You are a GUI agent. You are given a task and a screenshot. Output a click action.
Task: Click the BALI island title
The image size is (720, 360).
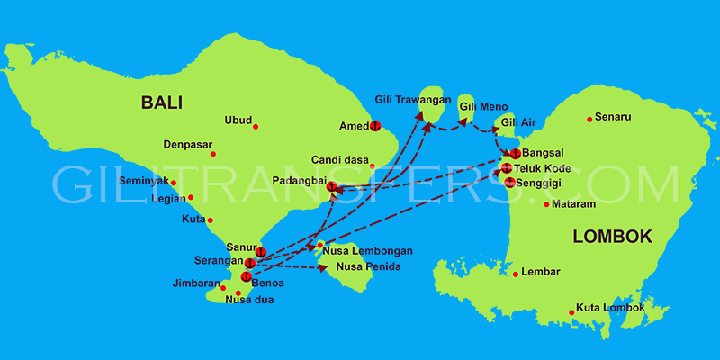coord(161,103)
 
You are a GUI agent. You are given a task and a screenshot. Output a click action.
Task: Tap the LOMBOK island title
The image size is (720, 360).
coord(611,237)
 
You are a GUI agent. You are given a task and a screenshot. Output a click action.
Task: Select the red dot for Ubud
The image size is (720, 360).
coord(256,126)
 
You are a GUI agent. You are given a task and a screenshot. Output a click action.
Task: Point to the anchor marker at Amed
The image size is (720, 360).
coord(375,125)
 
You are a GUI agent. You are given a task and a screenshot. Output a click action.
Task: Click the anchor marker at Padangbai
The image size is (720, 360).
coord(332,187)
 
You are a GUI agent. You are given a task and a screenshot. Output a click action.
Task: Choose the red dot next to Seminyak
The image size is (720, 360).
coord(173,183)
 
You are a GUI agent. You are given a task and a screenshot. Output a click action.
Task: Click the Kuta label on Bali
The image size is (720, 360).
coord(193,219)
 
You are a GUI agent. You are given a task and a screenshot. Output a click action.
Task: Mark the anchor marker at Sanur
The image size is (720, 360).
coord(260,250)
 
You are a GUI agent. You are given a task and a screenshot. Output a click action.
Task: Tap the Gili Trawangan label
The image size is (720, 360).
coord(412,99)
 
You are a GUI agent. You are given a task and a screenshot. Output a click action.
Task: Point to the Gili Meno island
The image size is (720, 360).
coord(466,103)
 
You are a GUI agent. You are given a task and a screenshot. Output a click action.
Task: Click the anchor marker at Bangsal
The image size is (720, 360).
coord(515,154)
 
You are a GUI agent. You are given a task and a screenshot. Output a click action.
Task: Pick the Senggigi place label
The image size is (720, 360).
coord(545,183)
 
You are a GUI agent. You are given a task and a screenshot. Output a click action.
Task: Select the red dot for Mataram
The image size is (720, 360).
coord(546,204)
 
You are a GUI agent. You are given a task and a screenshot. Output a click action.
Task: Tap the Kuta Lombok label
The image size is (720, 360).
coord(610,308)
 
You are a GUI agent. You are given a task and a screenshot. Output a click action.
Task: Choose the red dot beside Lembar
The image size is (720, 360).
coord(515,273)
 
